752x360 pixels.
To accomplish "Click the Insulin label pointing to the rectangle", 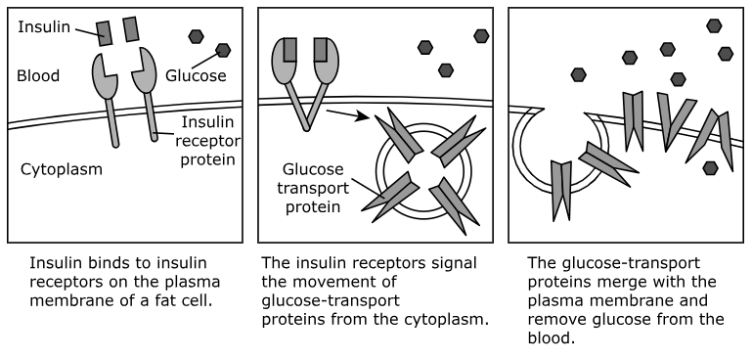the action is coord(44,27).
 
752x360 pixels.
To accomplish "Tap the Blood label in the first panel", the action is coord(38,76).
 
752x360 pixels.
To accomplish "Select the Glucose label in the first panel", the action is coord(196,76).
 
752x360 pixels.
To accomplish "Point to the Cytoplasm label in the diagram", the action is coord(62,169).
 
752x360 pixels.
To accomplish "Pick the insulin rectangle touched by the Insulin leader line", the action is coord(104,33).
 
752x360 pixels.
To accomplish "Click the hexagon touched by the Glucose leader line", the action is coord(223,50).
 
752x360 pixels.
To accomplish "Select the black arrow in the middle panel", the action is coord(348,115).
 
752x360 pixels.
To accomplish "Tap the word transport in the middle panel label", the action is coord(313,188).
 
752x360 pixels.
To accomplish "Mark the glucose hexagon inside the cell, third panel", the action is coord(710,168).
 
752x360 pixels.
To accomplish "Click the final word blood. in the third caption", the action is coord(552,338).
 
